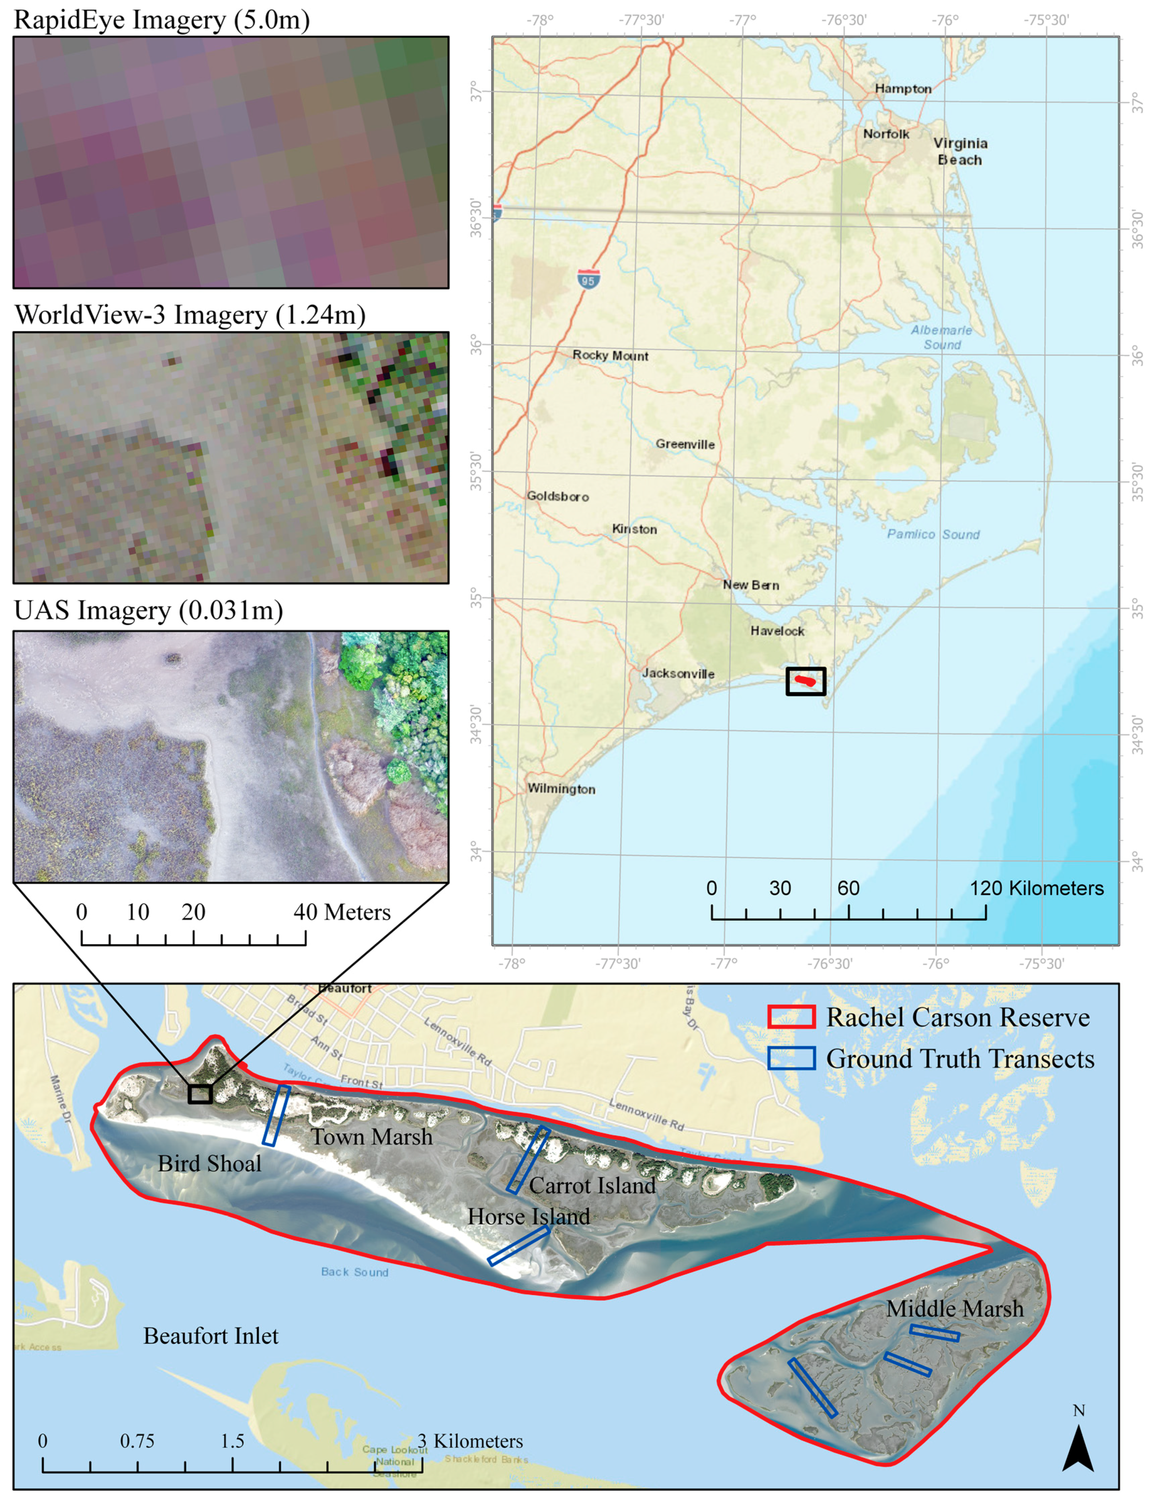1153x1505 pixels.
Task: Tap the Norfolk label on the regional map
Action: tap(885, 134)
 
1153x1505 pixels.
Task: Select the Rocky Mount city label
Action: tap(610, 355)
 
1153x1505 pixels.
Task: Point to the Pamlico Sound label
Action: tap(933, 534)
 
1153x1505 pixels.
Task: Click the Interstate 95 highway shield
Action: tap(588, 279)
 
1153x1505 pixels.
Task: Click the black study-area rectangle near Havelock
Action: tap(806, 681)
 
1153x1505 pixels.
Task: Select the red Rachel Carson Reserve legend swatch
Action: tap(791, 1017)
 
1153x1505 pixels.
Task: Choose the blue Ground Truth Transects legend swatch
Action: tap(791, 1058)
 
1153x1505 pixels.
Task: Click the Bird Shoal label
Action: tap(209, 1163)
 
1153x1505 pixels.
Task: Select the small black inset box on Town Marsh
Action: tap(200, 1094)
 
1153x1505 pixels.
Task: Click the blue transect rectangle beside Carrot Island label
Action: tap(528, 1159)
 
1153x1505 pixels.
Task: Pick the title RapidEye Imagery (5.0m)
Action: tap(162, 19)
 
